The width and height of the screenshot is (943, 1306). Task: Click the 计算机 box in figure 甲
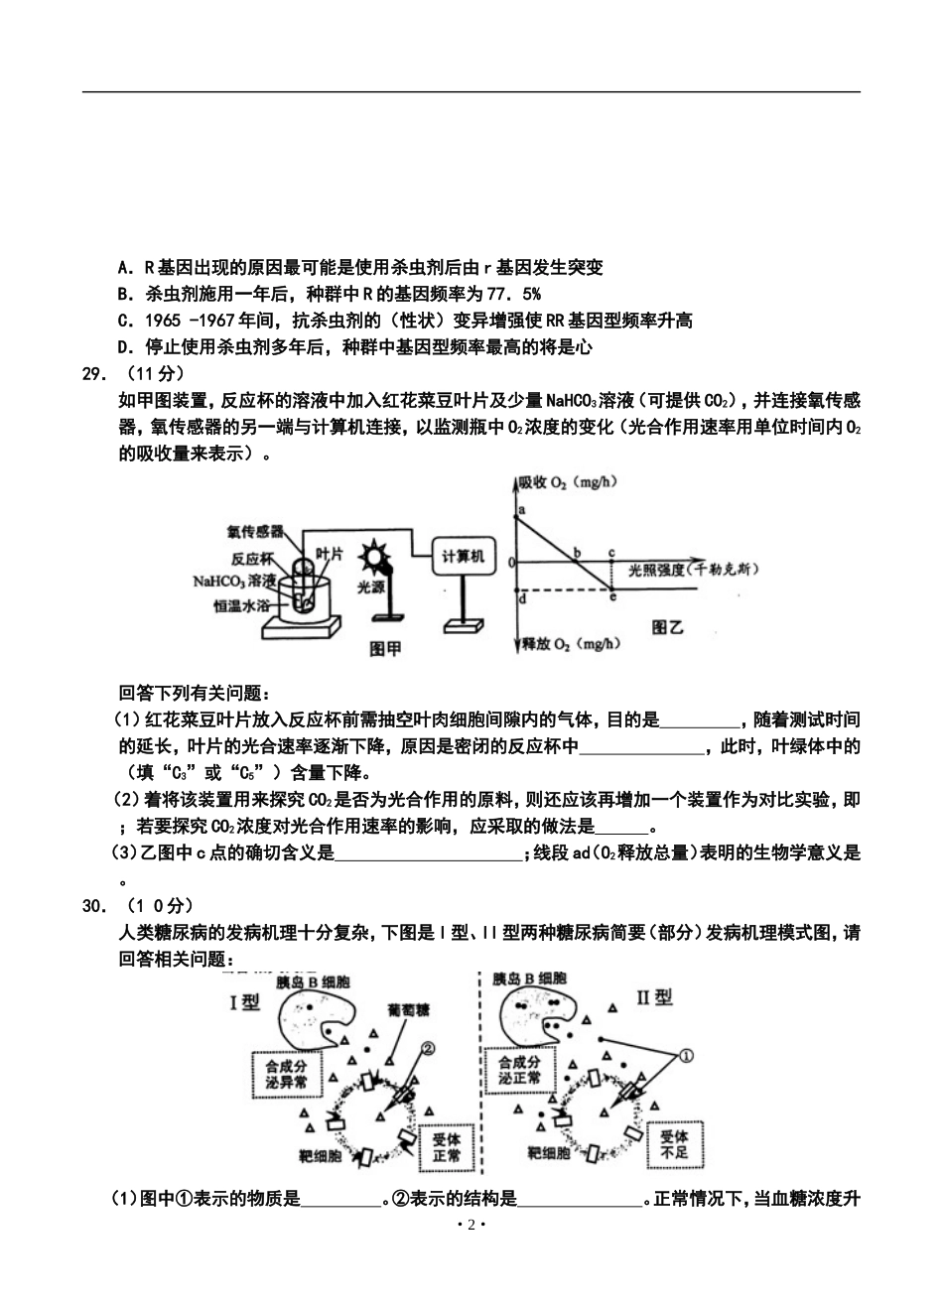[463, 558]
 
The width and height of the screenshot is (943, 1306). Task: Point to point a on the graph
[522, 509]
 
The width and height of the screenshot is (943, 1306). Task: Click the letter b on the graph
[578, 552]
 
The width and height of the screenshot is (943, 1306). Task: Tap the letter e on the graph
[612, 596]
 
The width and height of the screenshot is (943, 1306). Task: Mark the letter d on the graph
[523, 597]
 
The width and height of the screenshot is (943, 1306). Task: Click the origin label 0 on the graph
[511, 563]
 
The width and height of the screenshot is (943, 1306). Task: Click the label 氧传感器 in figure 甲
[255, 531]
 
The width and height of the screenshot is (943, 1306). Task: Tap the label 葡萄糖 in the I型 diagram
[408, 1007]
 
